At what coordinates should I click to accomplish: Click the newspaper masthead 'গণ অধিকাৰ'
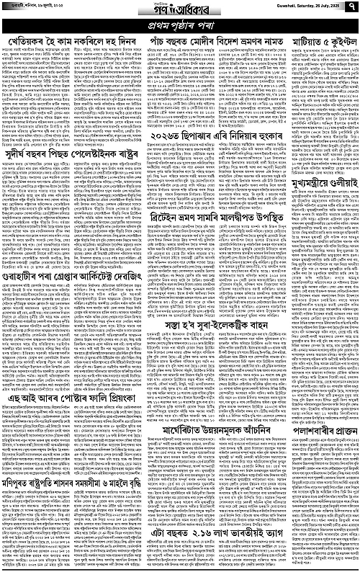point(179,9)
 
